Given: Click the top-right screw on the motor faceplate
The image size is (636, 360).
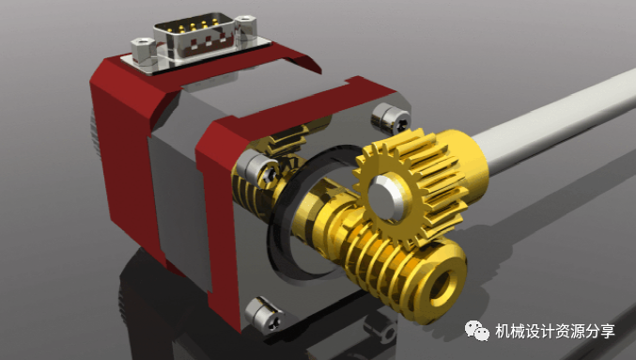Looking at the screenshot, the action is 392,117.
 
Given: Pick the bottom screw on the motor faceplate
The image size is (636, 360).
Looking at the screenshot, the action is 265,316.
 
